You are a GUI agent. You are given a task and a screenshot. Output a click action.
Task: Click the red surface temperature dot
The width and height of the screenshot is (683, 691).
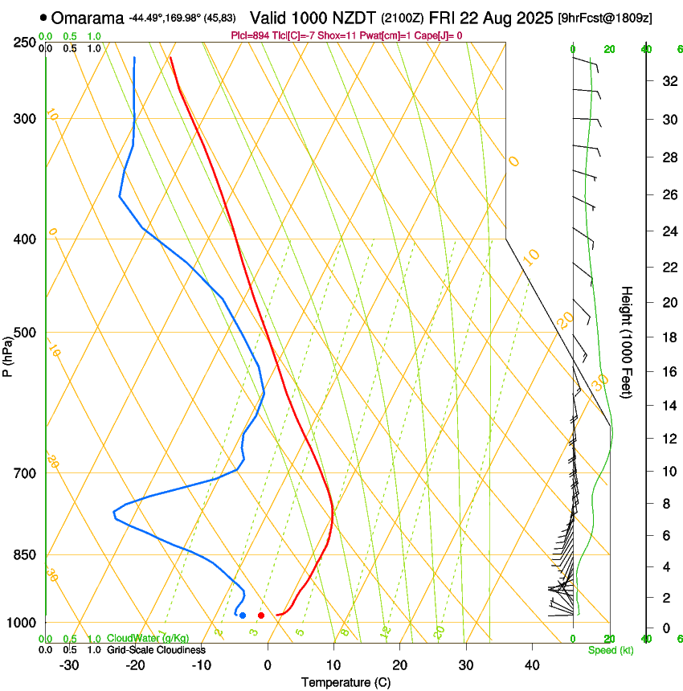coord(261,615)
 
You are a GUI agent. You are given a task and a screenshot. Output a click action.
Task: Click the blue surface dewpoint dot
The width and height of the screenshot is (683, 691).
coord(243,615)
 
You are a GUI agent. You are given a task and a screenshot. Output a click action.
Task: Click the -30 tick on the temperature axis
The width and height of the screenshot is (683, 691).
coord(69,665)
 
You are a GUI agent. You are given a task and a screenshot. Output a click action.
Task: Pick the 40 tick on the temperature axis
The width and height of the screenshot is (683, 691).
coord(531,665)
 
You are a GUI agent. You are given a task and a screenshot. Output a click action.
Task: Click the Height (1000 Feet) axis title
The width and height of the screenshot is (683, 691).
coord(626,341)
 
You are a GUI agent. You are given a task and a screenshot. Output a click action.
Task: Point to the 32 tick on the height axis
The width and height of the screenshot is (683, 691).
coord(667,80)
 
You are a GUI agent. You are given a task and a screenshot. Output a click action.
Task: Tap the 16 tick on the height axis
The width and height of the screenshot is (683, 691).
coord(667,371)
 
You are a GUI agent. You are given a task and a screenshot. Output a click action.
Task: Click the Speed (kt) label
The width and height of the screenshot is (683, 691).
coord(610,650)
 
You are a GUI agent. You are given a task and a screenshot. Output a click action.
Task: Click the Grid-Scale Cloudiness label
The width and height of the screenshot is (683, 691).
coord(156,650)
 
